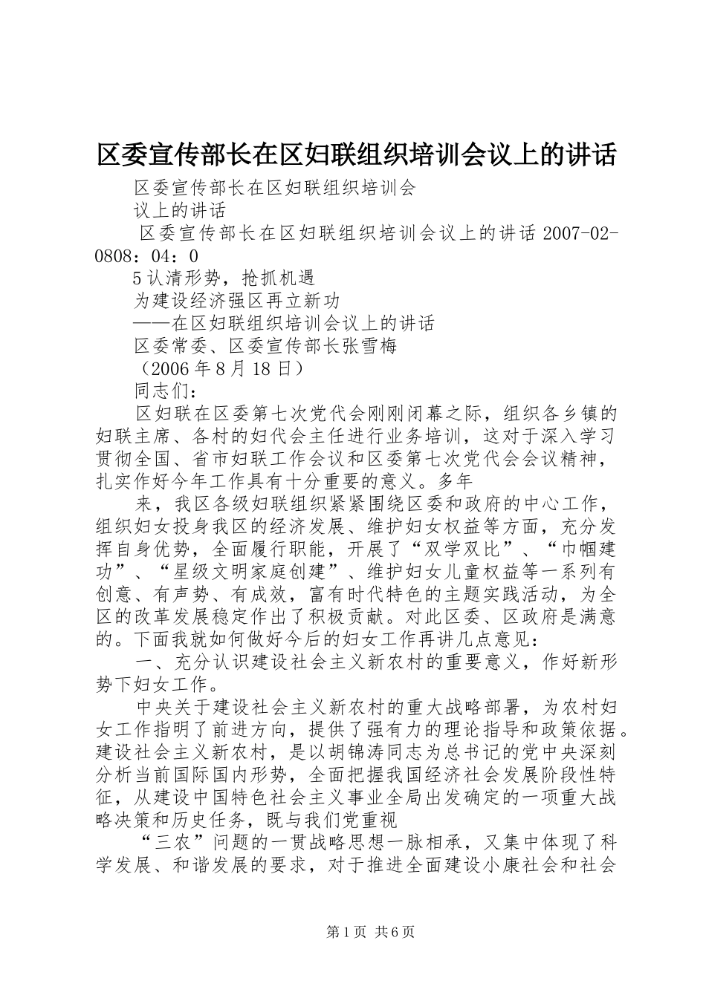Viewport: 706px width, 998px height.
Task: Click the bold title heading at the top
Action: pyautogui.click(x=357, y=155)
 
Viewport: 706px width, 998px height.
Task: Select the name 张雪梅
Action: pyautogui.click(x=372, y=346)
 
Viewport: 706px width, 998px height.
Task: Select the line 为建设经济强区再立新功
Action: pyautogui.click(x=236, y=301)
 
